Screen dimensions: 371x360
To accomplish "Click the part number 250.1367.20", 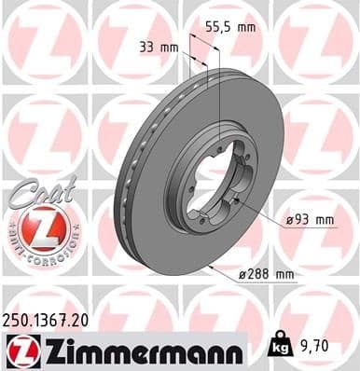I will [x=54, y=320].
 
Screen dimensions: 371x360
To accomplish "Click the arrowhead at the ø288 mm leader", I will [x=214, y=268].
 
